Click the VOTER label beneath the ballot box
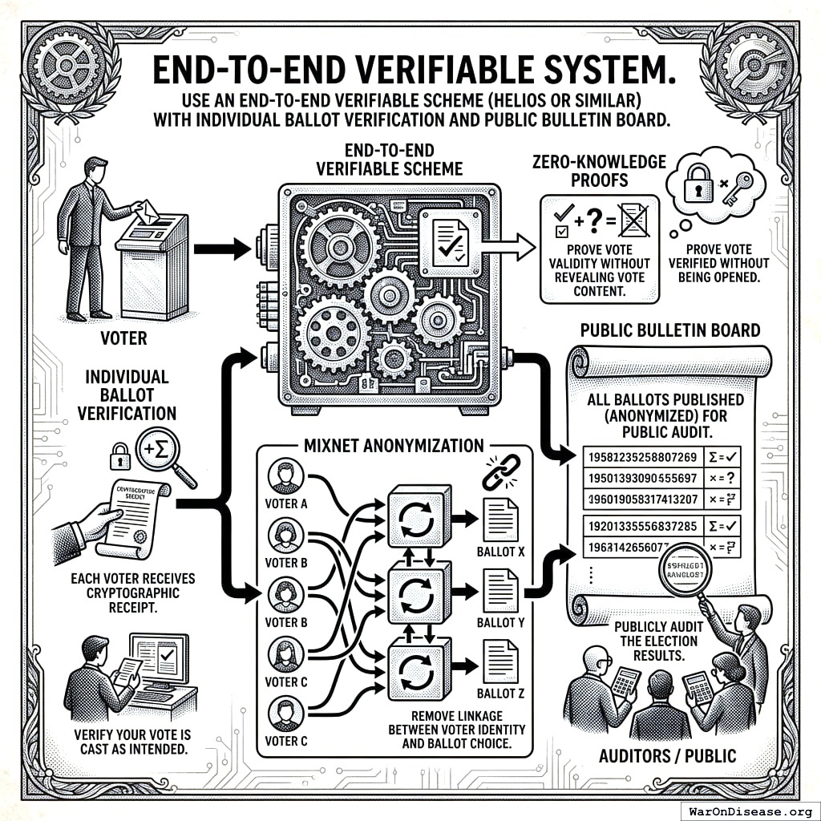[124, 338]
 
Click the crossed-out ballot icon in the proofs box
[634, 219]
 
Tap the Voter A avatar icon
[285, 476]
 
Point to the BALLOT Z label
[500, 693]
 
